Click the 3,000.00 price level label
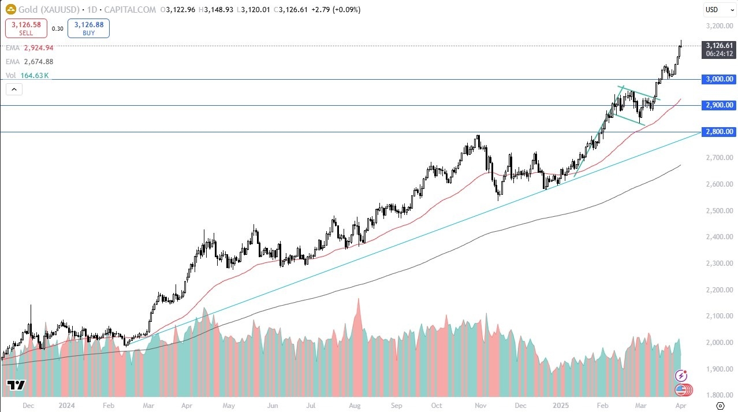(x=719, y=79)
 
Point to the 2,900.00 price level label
(x=719, y=105)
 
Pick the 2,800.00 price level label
(x=719, y=132)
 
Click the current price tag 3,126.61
(x=719, y=45)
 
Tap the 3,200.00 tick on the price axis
(x=719, y=26)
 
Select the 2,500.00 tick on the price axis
(x=719, y=211)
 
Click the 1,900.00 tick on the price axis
(x=719, y=369)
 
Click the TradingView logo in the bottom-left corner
(x=16, y=385)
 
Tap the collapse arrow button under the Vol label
(x=14, y=90)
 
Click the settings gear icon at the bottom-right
(x=720, y=406)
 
